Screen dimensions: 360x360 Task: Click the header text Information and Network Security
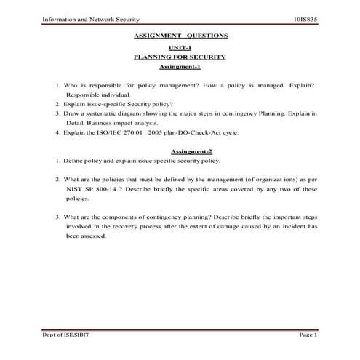82,19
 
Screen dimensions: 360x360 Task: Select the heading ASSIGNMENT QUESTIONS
181,35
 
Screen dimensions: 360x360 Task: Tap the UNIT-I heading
180,46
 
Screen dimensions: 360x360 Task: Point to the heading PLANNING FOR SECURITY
181,56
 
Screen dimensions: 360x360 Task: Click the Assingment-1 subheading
180,67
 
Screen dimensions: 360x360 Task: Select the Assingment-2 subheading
180,151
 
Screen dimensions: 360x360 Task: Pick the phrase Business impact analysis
129,124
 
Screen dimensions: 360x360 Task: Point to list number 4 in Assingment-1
57,133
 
